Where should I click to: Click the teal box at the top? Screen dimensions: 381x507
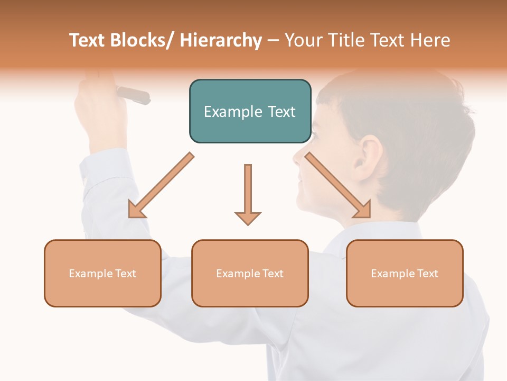click(x=250, y=111)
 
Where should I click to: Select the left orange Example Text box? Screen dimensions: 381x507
click(x=102, y=273)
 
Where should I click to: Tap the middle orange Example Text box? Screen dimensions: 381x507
click(x=250, y=273)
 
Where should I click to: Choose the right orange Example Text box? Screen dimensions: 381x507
click(x=405, y=273)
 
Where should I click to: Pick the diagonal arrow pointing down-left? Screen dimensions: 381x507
click(x=161, y=186)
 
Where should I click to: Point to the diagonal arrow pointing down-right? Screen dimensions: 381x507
click(x=338, y=185)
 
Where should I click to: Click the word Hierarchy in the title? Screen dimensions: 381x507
click(x=221, y=40)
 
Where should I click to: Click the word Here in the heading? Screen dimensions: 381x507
click(x=429, y=40)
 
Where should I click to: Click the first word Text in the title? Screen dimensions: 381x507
click(x=87, y=40)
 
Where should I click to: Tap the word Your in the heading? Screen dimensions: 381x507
click(x=303, y=40)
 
